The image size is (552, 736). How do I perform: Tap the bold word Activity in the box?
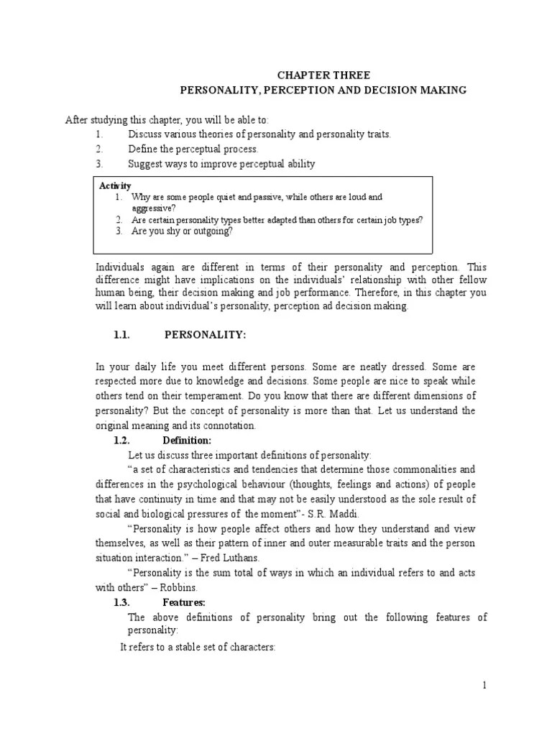click(115, 185)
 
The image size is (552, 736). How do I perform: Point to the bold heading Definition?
click(187, 441)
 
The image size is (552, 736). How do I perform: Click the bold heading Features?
click(184, 602)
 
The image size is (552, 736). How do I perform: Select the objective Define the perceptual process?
click(193, 149)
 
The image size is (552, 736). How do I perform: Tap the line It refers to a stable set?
click(198, 647)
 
